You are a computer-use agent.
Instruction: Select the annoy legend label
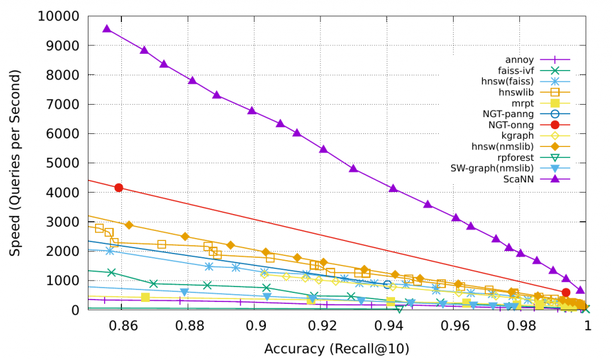coord(519,60)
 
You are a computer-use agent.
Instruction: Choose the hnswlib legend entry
coord(516,92)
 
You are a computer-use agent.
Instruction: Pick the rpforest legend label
coord(516,157)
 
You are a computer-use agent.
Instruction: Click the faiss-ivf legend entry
coord(515,71)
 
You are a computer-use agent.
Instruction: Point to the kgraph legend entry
coord(518,136)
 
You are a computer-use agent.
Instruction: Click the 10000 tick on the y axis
coord(59,16)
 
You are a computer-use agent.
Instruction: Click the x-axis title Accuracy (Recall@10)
coord(336,348)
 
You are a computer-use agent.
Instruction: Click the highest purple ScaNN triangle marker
coord(107,29)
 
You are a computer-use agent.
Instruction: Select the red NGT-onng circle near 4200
coord(119,188)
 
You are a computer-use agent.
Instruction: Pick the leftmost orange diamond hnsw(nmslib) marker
coord(129,225)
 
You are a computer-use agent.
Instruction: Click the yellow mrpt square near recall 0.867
coord(145,297)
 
